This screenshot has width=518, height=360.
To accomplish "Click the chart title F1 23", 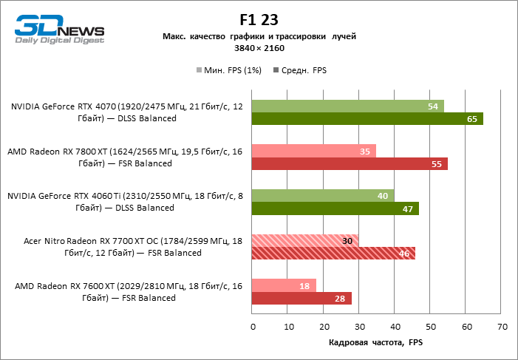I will coord(259,20).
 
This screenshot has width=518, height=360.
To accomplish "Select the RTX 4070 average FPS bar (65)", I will coord(367,118).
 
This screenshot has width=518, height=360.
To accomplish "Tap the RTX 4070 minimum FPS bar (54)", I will coord(348,106).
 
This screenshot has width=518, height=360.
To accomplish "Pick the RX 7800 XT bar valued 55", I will coord(350,163).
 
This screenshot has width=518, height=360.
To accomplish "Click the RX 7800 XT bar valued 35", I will coord(314,151).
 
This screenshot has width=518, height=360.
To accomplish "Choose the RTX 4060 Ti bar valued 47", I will coord(335,208).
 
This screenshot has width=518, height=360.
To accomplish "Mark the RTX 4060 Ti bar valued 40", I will coord(323,196).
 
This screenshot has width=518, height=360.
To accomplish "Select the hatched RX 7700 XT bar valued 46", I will coord(333,254).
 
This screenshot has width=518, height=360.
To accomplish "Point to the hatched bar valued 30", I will coord(305,241).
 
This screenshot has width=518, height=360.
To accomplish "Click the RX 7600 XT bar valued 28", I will coord(301,299).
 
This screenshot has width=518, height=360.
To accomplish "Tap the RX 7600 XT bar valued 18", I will coord(284,286).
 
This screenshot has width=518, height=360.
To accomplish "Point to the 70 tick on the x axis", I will coord(502,326).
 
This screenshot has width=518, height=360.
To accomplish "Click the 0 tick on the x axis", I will coord(252,326).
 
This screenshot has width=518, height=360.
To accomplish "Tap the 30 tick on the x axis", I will coord(359,326).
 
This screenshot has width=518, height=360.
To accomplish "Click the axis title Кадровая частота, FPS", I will coord(376,343).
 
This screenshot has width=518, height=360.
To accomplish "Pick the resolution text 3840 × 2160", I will coord(259,47).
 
